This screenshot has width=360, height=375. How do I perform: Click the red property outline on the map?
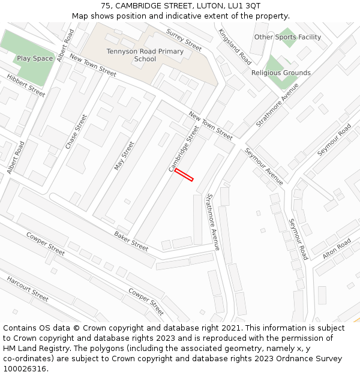(x=184, y=175)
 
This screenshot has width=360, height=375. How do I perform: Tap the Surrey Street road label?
(x=184, y=40)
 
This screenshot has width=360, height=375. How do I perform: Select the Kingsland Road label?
(x=235, y=47)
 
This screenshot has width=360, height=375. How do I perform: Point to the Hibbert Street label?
(x=26, y=85)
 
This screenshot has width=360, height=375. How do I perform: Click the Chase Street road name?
(x=76, y=132)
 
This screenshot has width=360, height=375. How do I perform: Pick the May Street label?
(x=125, y=155)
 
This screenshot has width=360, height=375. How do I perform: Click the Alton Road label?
(x=337, y=247)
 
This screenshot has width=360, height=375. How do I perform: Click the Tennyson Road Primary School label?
(x=145, y=55)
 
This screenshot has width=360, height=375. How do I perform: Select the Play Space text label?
(x=35, y=58)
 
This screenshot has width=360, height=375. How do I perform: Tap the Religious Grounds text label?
(x=281, y=73)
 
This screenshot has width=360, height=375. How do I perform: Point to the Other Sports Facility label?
(x=287, y=37)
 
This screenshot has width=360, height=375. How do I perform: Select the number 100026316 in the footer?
(x=24, y=369)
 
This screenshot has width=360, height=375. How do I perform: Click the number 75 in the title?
(x=106, y=5)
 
